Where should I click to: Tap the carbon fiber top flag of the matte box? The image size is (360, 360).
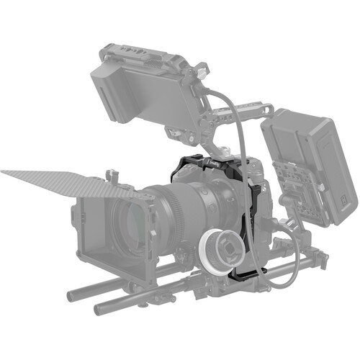click(65, 184)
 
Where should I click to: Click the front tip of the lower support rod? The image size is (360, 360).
click(99, 310)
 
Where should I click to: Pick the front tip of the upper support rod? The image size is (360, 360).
click(72, 294)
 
